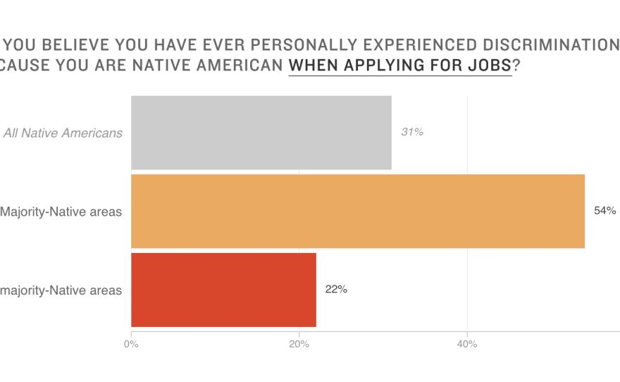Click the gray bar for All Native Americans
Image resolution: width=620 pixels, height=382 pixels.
pos(261,133)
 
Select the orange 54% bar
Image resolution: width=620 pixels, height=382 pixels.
pos(357,211)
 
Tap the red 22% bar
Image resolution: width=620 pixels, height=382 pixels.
pos(223,290)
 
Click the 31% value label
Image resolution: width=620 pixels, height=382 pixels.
pos(412,132)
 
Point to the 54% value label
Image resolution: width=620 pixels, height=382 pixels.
pos(605,211)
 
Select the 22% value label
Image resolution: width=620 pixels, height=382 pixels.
pos(336,289)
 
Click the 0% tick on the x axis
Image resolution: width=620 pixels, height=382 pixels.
pos(131,344)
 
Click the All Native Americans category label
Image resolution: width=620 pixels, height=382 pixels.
pos(63,133)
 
